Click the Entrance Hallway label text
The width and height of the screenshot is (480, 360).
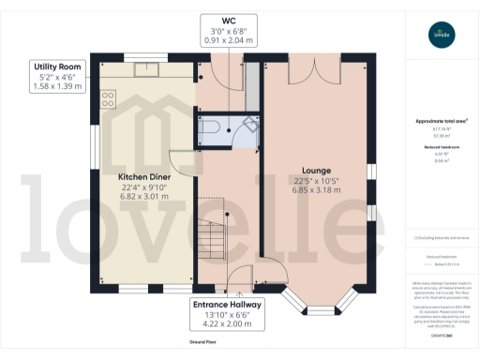click(229, 305)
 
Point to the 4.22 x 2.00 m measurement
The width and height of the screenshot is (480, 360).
click(229, 327)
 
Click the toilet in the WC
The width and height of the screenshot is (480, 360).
click(213, 128)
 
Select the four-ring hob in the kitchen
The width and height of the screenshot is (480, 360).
click(108, 97)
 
